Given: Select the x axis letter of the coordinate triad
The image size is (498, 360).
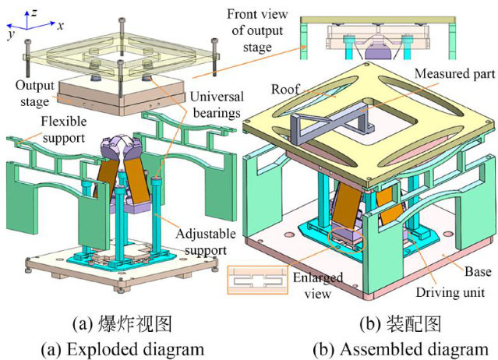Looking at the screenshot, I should pyautogui.click(x=60, y=25).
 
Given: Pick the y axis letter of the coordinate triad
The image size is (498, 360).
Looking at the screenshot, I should pyautogui.click(x=9, y=36).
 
